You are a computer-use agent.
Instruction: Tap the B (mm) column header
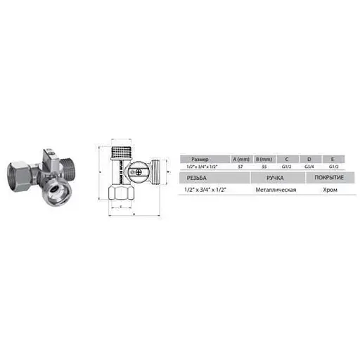262,158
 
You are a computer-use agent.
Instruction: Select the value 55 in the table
262,167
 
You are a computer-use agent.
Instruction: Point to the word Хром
325,191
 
